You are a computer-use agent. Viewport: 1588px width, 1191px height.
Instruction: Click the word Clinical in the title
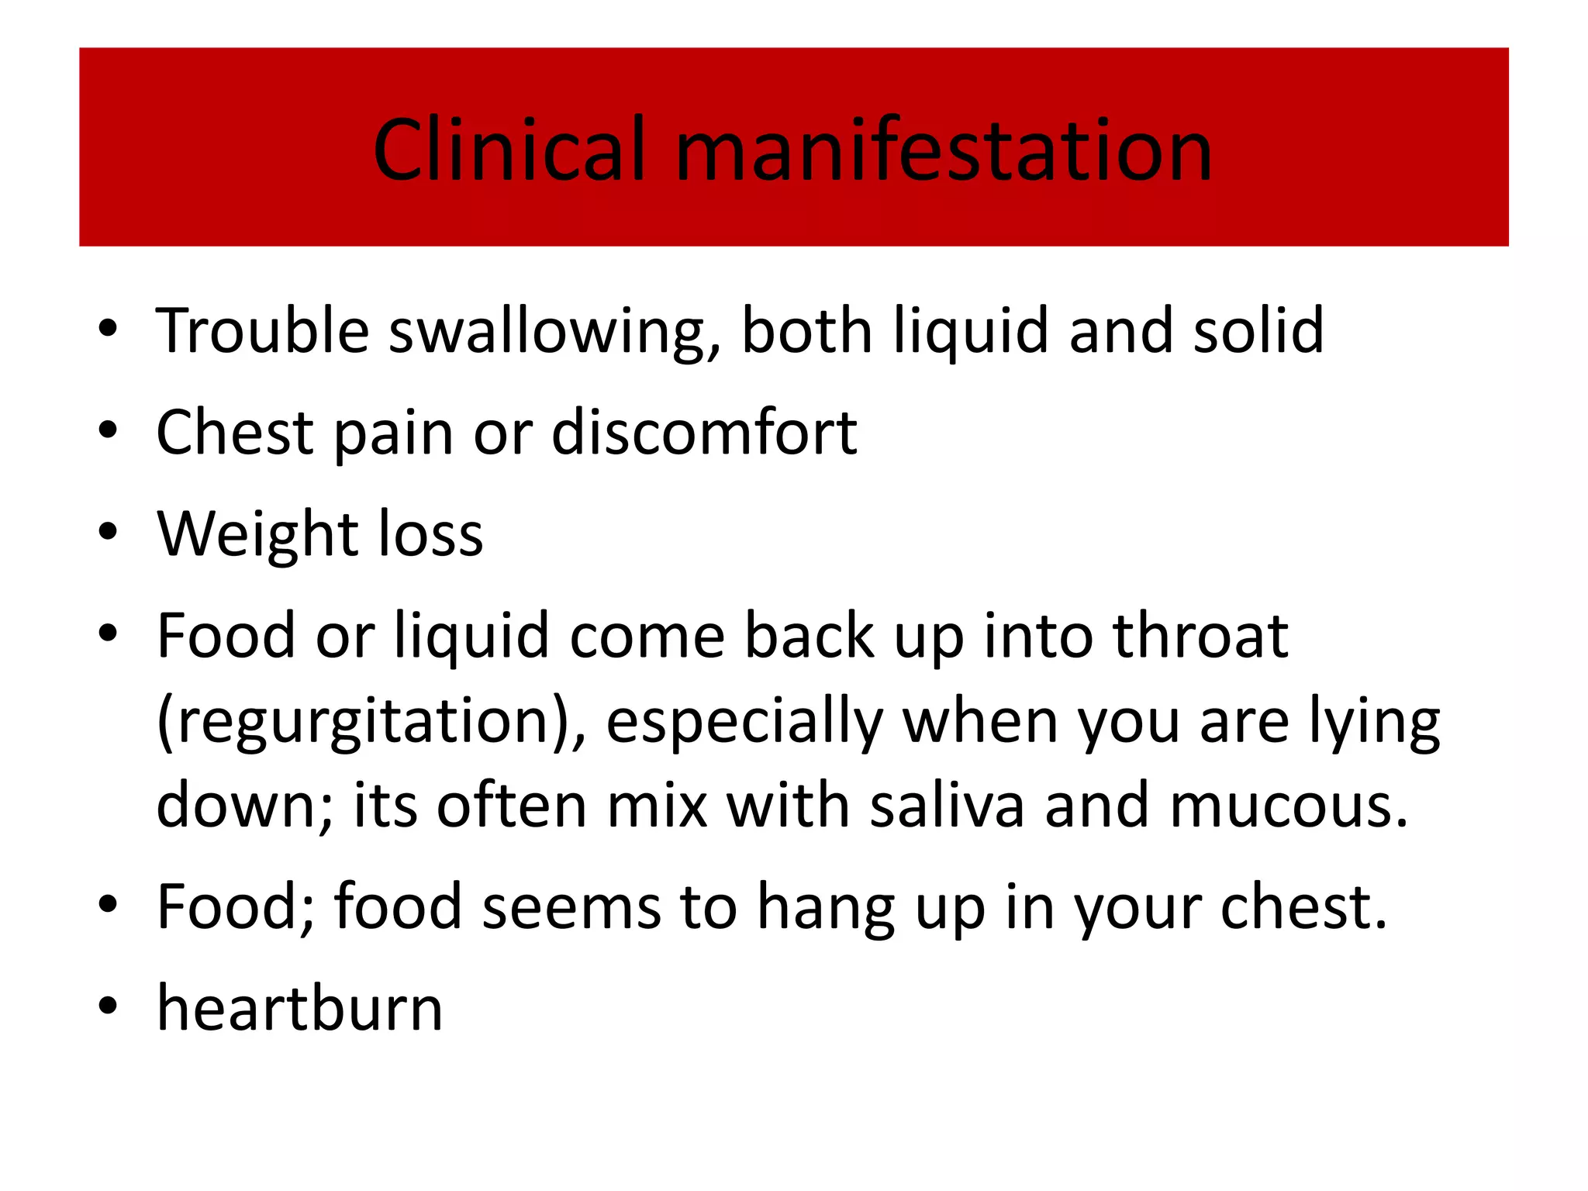pyautogui.click(x=509, y=150)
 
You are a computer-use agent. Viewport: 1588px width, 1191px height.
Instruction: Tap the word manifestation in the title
pyautogui.click(x=944, y=150)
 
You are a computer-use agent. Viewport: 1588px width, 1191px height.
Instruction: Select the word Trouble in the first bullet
pyautogui.click(x=263, y=331)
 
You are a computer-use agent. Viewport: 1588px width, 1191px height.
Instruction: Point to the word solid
pyautogui.click(x=1258, y=331)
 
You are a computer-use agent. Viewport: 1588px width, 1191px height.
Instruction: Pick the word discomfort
pyautogui.click(x=704, y=433)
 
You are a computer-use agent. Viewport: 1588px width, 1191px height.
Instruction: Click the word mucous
pyautogui.click(x=1287, y=806)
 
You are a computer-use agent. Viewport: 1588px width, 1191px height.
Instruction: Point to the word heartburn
pyautogui.click(x=300, y=1008)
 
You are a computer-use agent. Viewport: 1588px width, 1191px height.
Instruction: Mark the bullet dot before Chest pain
pyautogui.click(x=108, y=430)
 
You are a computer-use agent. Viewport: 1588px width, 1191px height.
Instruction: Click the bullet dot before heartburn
pyautogui.click(x=108, y=1006)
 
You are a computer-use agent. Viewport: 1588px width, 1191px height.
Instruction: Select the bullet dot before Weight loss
pyautogui.click(x=108, y=532)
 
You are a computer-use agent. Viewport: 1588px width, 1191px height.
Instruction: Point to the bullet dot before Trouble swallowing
pyautogui.click(x=108, y=328)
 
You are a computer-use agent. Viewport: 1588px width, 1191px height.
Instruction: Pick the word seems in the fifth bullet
pyautogui.click(x=571, y=907)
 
